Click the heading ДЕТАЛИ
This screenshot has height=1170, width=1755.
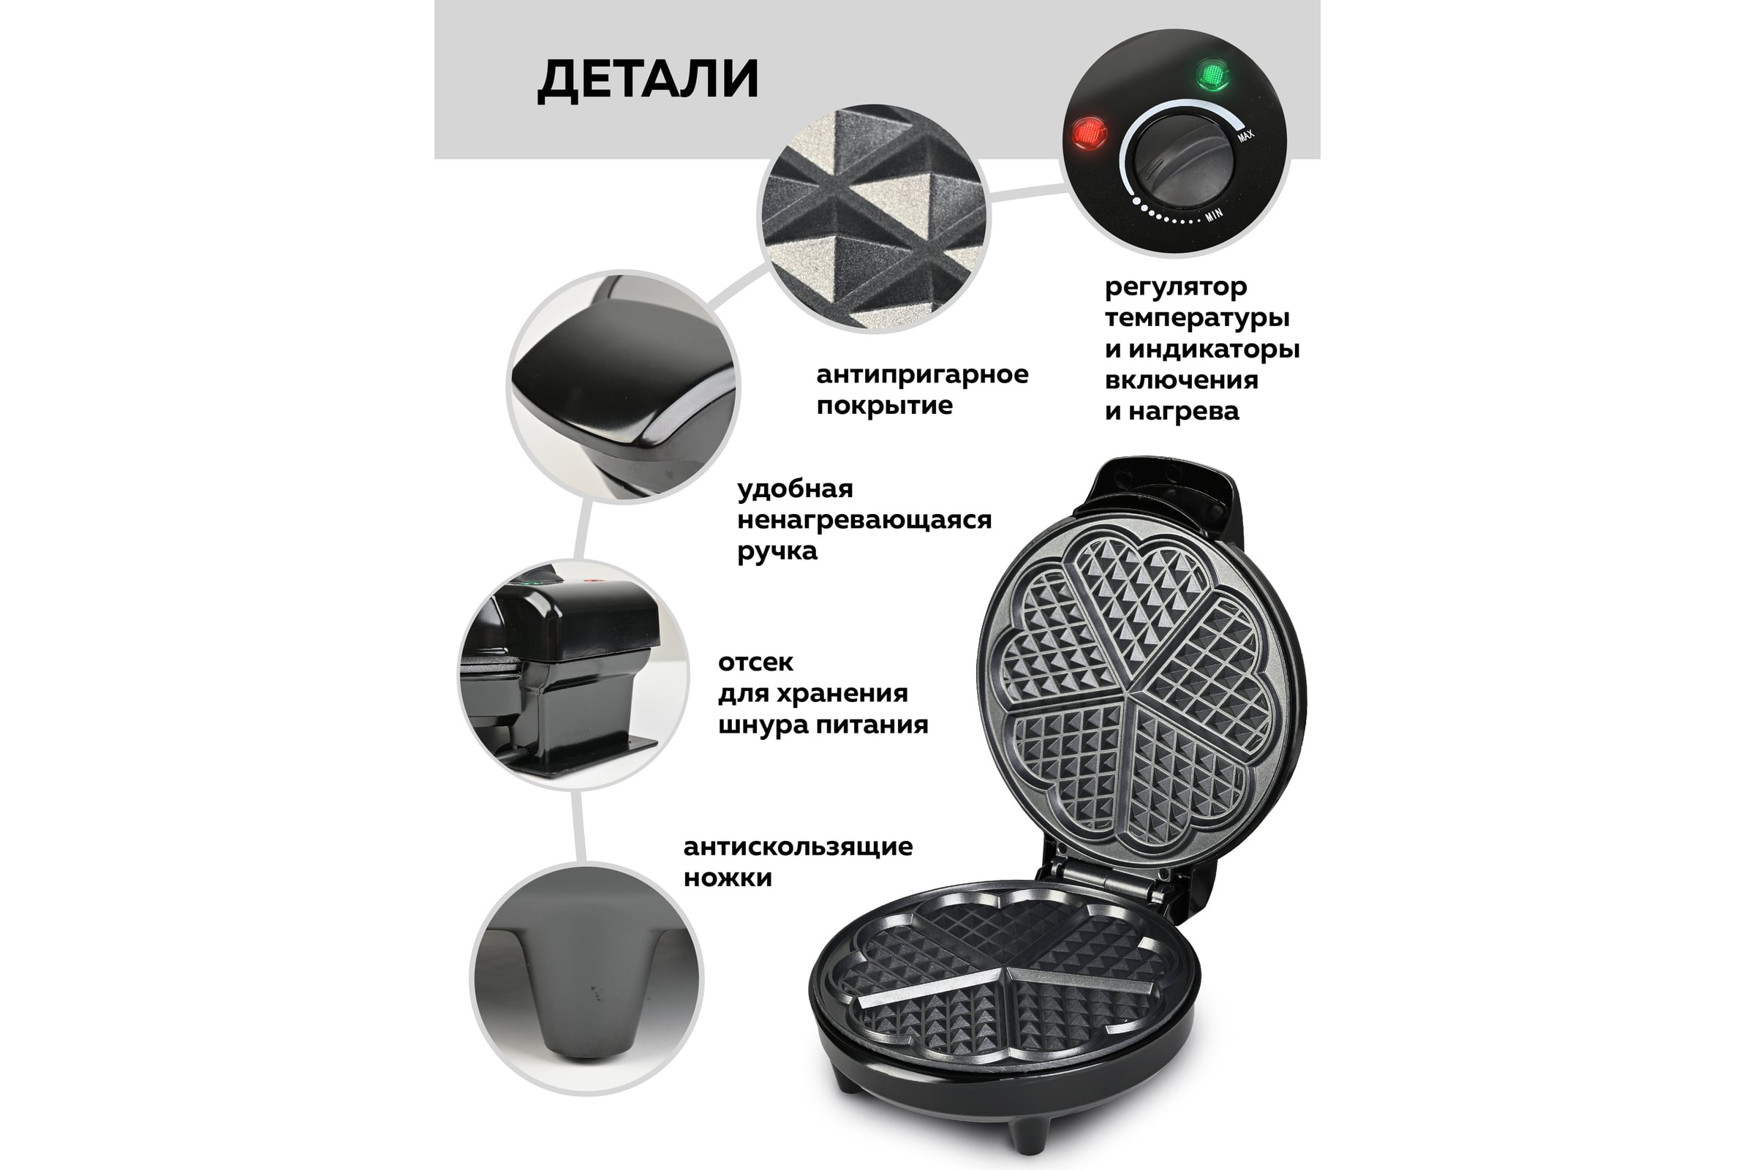click(648, 80)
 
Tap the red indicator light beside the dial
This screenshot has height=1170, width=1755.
click(1089, 135)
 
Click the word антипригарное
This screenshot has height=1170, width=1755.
click(922, 374)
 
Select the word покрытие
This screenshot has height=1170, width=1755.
click(884, 406)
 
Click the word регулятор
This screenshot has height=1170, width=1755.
click(1176, 287)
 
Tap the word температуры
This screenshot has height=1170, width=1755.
click(1197, 319)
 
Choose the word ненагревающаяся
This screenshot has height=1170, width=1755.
click(864, 520)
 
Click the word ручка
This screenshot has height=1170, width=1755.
click(777, 552)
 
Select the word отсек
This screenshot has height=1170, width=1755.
click(755, 663)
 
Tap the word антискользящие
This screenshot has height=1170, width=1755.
click(798, 847)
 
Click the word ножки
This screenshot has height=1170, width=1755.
click(728, 877)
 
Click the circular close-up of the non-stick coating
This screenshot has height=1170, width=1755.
click(873, 219)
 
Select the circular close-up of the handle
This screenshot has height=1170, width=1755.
click(623, 387)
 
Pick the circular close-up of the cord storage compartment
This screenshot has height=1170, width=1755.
click(573, 673)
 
